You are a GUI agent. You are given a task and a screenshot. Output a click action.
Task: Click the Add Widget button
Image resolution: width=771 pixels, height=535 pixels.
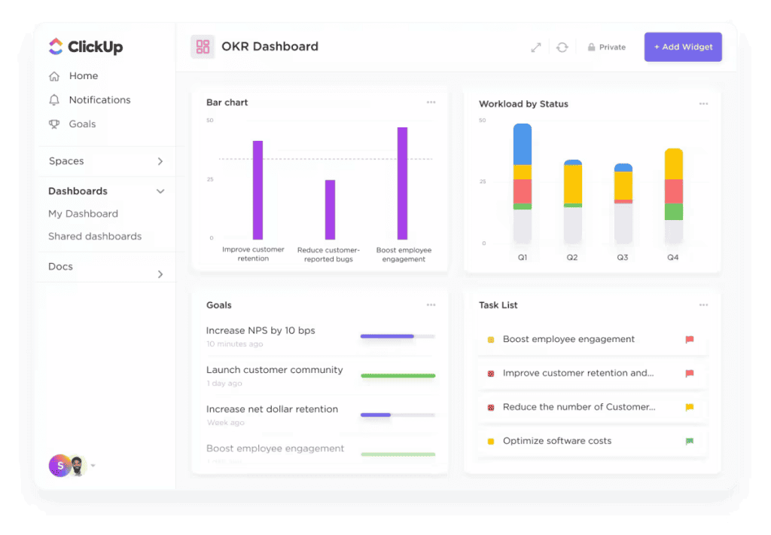683,47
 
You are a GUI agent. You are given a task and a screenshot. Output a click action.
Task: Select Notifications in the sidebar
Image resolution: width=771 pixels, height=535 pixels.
99,100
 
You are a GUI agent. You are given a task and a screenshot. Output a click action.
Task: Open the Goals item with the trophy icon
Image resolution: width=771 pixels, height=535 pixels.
82,124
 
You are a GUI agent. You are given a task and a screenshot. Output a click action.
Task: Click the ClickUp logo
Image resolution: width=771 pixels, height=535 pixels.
86,47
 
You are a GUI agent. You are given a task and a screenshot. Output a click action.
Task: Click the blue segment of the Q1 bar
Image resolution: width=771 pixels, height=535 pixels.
523,145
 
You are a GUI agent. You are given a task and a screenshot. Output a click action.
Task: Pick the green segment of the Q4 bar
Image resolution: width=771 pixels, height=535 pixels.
674,212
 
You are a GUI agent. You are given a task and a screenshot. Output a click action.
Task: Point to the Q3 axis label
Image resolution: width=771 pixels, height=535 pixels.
623,258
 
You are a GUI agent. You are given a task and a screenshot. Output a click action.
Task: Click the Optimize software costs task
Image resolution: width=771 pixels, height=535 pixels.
557,441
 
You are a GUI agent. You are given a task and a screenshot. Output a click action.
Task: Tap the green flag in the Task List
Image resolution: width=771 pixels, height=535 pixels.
690,441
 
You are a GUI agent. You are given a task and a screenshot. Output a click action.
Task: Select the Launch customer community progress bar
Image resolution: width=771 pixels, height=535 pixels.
398,375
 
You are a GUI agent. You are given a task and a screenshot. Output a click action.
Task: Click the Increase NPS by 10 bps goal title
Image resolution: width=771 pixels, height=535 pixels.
261,331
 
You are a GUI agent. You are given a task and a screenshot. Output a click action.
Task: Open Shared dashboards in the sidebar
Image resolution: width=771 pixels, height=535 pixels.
95,237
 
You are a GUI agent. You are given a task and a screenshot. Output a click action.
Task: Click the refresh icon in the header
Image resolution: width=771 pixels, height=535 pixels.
562,47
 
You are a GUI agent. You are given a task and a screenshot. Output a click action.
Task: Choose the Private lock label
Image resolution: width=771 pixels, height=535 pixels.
607,47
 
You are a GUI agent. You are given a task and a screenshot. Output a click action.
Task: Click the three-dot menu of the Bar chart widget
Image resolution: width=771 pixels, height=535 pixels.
431,102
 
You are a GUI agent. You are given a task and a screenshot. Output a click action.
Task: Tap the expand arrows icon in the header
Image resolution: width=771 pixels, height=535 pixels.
536,47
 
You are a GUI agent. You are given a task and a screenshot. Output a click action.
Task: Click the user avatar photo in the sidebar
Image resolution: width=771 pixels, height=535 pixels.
77,466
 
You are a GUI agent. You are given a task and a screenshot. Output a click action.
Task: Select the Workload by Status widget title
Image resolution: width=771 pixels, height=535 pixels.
523,104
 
